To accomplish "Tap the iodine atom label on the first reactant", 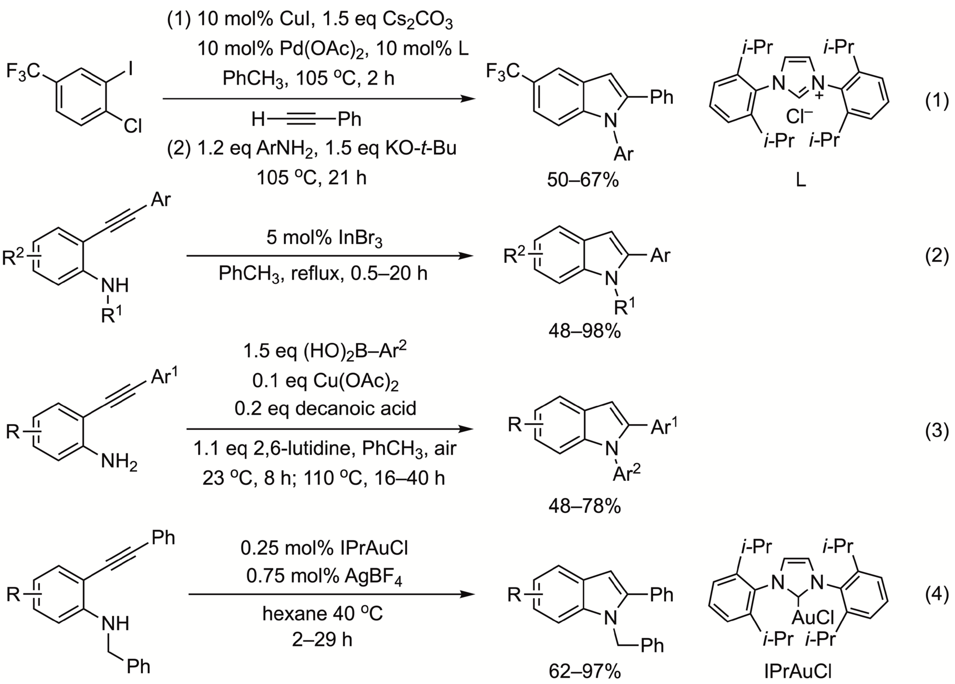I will (x=130, y=68).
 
